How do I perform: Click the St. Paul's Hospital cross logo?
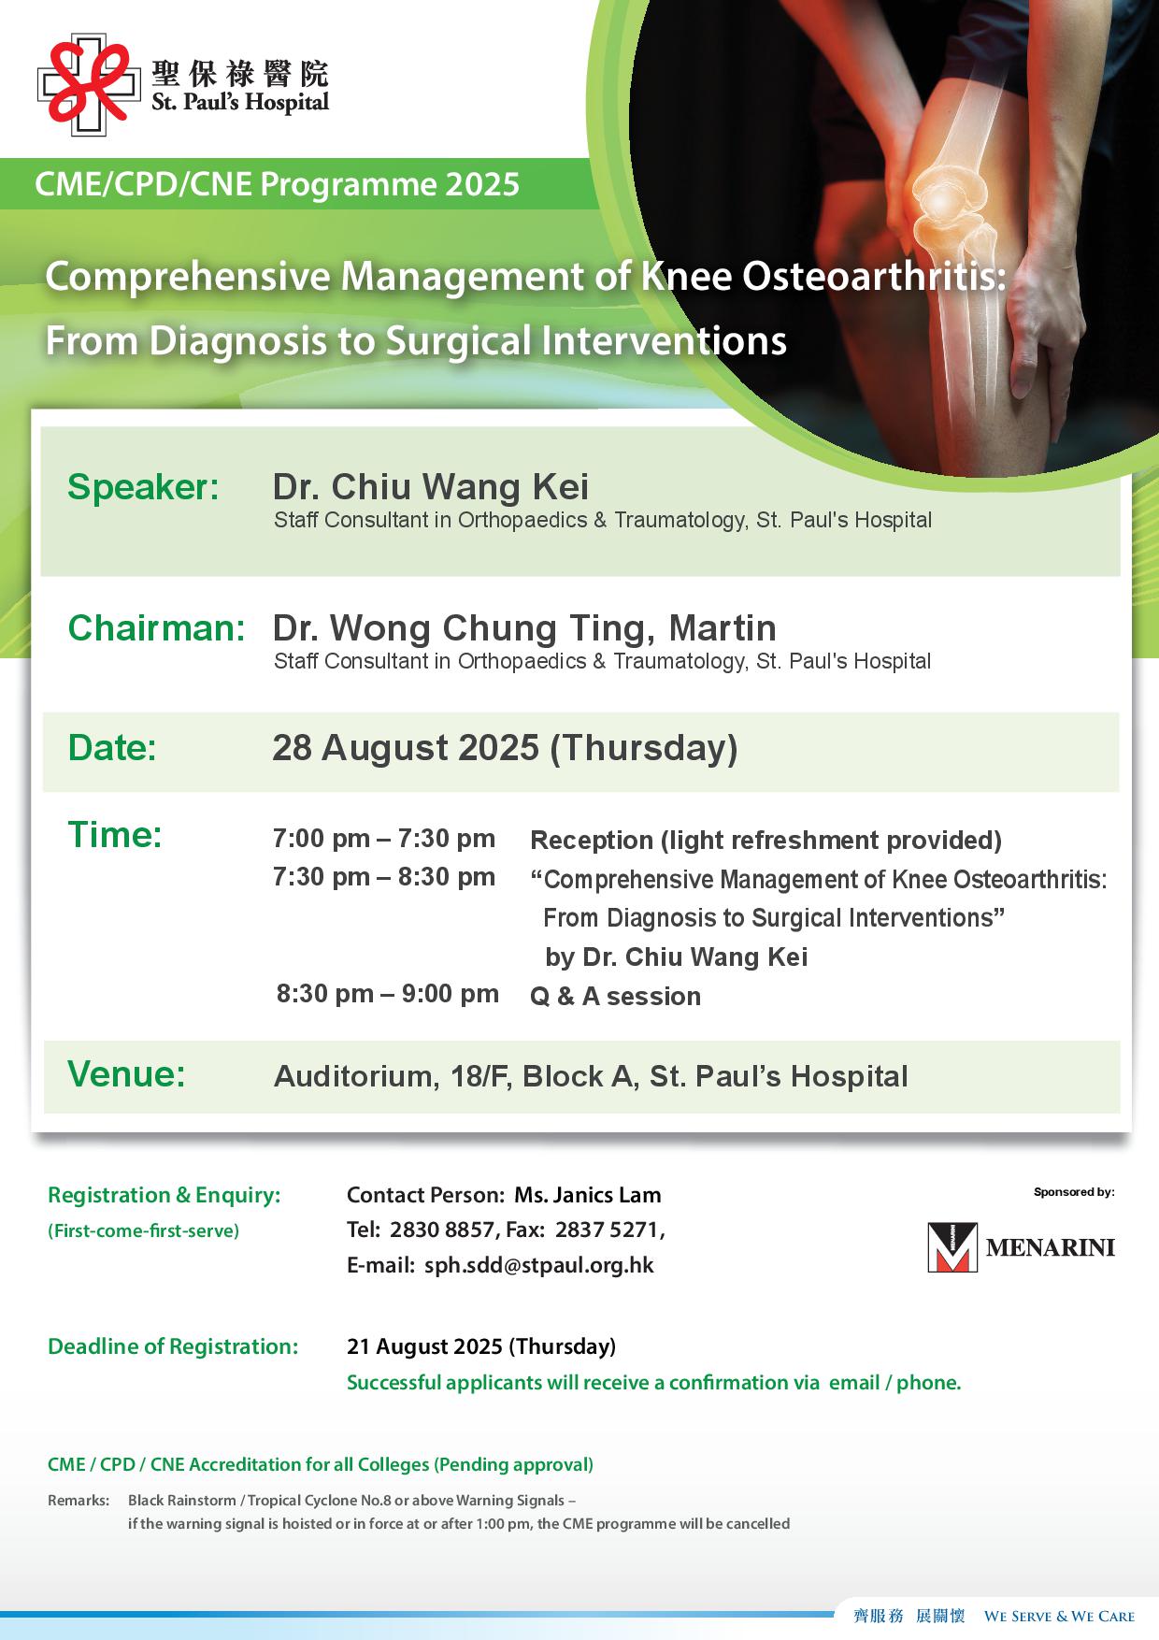(x=83, y=85)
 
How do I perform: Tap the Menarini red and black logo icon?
(x=952, y=1246)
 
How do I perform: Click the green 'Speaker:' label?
(x=143, y=487)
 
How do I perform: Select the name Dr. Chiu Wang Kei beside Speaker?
(x=431, y=487)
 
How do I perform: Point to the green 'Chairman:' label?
(x=156, y=628)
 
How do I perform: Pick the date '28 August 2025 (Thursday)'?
(x=505, y=748)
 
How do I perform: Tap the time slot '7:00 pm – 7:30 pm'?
(x=384, y=839)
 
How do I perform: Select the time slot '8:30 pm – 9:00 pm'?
(x=388, y=993)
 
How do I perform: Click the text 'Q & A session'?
(x=615, y=997)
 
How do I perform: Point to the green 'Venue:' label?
(x=126, y=1074)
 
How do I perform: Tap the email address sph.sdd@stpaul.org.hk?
(x=539, y=1266)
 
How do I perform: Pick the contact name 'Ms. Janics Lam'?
(x=588, y=1195)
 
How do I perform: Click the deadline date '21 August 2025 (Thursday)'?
(x=481, y=1346)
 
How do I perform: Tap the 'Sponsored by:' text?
(x=1074, y=1192)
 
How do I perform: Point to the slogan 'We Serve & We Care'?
(x=1060, y=1616)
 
